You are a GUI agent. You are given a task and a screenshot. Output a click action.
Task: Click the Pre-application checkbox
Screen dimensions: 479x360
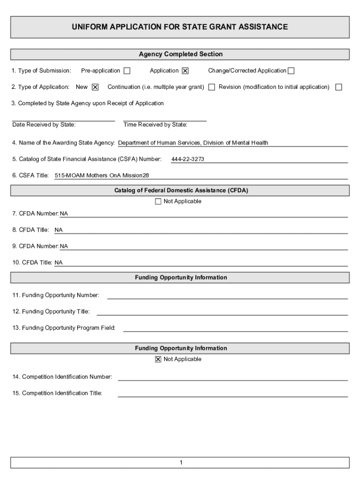pos(127,71)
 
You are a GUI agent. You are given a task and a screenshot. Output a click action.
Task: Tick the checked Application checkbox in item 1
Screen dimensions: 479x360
pos(185,71)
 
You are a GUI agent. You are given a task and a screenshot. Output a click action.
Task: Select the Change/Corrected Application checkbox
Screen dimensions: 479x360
pos(291,71)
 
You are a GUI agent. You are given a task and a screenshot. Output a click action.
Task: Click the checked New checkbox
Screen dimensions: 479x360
pos(95,87)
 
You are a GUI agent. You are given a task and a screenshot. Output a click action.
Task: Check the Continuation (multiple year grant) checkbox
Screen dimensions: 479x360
pos(212,87)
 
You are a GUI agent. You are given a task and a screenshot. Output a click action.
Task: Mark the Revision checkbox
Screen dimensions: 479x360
pos(338,87)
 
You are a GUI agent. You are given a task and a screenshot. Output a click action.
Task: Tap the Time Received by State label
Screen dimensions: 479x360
pos(155,125)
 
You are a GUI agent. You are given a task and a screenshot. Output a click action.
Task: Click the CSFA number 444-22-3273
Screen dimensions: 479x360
pos(187,160)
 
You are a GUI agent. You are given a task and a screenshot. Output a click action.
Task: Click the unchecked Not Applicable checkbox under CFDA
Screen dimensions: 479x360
pos(158,202)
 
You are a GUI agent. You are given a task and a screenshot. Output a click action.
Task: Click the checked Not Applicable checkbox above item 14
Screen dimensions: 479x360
pos(158,359)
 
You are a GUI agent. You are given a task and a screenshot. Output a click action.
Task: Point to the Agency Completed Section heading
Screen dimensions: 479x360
pos(180,54)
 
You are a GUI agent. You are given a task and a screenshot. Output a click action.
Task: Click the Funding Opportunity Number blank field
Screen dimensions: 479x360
pos(227,295)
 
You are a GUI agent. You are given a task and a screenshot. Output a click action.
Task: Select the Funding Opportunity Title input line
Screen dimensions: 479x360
pos(222,312)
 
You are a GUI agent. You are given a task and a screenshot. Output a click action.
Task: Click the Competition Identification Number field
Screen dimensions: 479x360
pos(232,377)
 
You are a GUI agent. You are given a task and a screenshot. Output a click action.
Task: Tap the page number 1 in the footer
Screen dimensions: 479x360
pos(180,463)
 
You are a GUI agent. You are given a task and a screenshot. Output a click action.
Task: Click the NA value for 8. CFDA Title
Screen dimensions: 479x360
pos(59,230)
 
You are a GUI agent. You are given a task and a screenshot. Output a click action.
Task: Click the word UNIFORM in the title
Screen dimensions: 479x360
pos(89,27)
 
